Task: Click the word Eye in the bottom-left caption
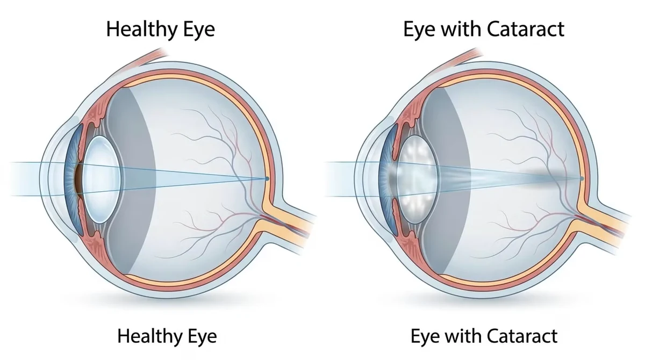click(x=202, y=336)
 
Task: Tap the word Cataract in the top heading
click(x=526, y=29)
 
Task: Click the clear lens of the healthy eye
click(x=102, y=179)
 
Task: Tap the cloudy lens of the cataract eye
click(x=417, y=179)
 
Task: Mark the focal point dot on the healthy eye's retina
click(x=267, y=179)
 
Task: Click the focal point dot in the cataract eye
click(x=582, y=179)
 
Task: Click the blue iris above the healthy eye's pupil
click(x=74, y=144)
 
